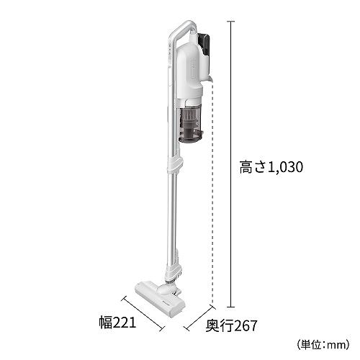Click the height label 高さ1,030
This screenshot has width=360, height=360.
271,167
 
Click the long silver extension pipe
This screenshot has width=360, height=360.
174,223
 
